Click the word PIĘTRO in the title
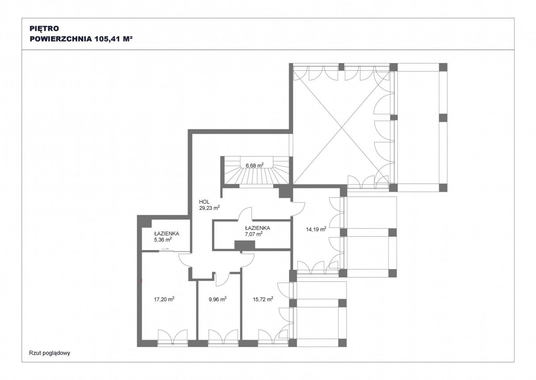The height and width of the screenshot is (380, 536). (44, 28)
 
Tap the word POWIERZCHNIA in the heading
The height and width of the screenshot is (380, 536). (61, 39)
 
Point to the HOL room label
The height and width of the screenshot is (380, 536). (204, 202)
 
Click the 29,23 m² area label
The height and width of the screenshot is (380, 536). (209, 208)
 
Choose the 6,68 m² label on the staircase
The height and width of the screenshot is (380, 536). (255, 165)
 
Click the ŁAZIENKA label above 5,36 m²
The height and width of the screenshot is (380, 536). (167, 234)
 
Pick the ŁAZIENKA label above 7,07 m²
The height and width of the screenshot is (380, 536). (257, 228)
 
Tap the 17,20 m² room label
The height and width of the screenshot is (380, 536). (164, 299)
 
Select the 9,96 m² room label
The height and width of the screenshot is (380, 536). (218, 299)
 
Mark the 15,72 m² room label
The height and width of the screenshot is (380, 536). (263, 299)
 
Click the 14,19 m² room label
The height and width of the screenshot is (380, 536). (316, 230)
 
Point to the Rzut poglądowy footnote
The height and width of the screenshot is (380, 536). (50, 353)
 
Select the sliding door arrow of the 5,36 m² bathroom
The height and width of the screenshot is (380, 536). (165, 249)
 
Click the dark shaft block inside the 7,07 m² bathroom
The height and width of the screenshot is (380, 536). (245, 245)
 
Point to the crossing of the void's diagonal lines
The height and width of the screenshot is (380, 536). (341, 128)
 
